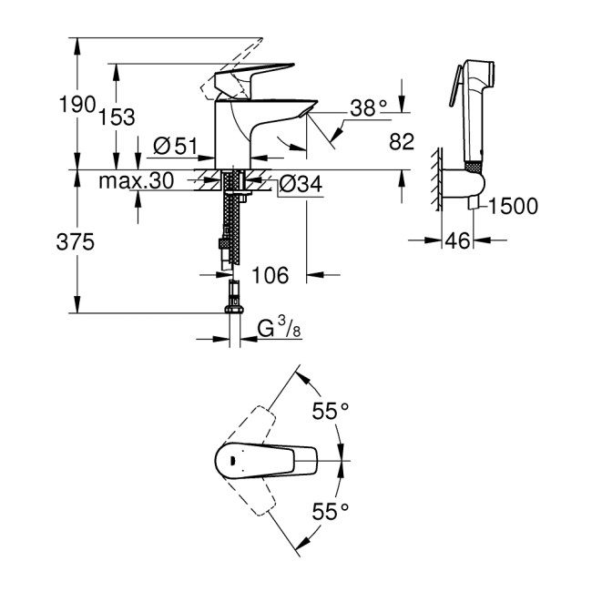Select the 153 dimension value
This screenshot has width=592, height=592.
pyautogui.click(x=117, y=117)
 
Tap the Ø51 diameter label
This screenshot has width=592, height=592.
pyautogui.click(x=176, y=145)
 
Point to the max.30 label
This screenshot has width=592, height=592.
pyautogui.click(x=137, y=182)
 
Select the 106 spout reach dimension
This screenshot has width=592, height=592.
pyautogui.click(x=269, y=274)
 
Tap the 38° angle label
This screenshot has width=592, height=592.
pyautogui.click(x=370, y=108)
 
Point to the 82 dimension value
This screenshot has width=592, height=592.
pyautogui.click(x=401, y=141)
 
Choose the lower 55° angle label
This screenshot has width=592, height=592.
pyautogui.click(x=330, y=512)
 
